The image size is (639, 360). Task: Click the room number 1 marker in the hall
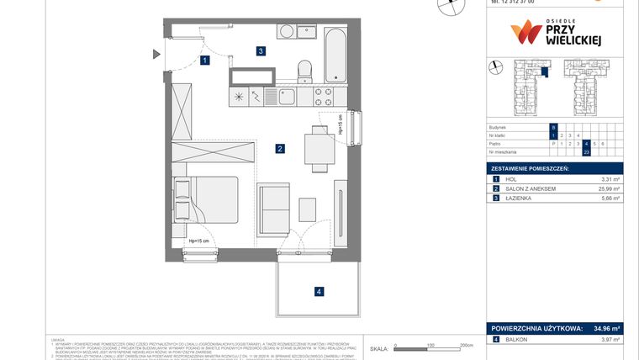coord(205,61)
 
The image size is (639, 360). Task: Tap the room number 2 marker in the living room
coord(278,150)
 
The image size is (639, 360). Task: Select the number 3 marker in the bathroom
coord(261,51)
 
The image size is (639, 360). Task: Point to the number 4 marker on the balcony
coord(318,292)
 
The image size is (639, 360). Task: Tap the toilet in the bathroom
coord(306,68)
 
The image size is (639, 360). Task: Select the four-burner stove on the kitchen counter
coord(325,97)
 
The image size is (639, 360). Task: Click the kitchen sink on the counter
coord(288,97)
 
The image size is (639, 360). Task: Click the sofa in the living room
coord(273,209)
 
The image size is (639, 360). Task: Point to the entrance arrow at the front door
coord(156,56)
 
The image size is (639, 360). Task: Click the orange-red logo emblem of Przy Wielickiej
coord(526,33)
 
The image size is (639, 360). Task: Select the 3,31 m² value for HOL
coord(610,179)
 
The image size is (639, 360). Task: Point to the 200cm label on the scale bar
coord(467,345)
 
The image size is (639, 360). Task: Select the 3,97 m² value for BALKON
coord(610,340)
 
